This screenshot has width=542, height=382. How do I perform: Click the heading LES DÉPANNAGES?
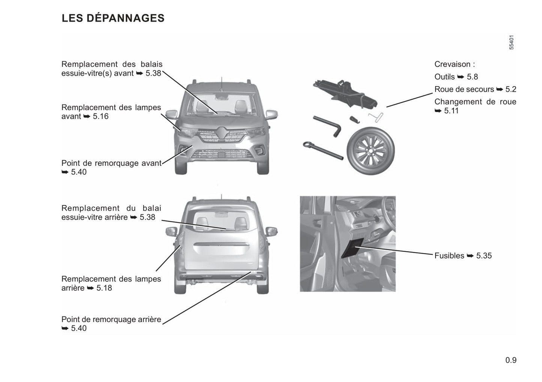click(113, 18)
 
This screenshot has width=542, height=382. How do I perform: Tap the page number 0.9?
click(511, 360)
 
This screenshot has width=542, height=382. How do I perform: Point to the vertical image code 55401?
click(511, 43)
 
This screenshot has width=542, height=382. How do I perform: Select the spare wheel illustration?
click(371, 151)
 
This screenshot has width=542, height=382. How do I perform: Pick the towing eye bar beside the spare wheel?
click(323, 151)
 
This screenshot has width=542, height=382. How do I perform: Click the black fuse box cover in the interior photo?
click(352, 248)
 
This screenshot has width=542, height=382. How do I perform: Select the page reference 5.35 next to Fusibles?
click(484, 256)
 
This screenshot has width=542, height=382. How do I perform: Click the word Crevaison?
click(452, 64)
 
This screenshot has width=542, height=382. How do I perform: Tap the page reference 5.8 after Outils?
click(472, 77)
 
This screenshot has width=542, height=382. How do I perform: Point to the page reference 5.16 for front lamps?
click(101, 116)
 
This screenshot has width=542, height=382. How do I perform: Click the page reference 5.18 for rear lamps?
click(104, 288)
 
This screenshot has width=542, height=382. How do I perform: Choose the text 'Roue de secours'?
click(464, 90)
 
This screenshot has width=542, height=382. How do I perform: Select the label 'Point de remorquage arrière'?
click(111, 319)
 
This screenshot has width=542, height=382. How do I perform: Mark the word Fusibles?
click(449, 256)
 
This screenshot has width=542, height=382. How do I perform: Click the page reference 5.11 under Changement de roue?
click(451, 111)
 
